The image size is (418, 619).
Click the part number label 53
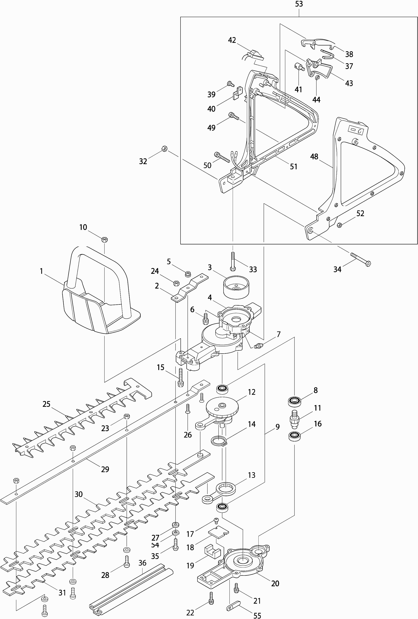(299, 4)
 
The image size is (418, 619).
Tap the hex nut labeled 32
(164, 148)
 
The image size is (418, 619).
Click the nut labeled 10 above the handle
(105, 239)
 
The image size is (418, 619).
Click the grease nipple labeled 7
(258, 346)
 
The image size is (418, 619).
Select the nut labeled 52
(339, 225)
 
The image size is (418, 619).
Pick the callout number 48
(314, 157)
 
